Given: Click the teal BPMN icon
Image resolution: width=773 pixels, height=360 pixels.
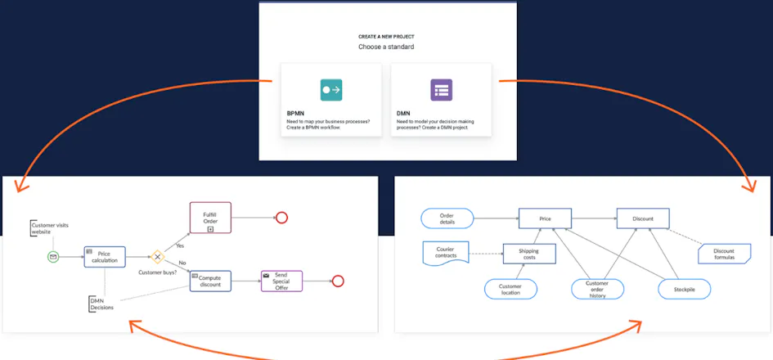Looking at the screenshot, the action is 330,90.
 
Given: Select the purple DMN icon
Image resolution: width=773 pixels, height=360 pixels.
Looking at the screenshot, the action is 441,90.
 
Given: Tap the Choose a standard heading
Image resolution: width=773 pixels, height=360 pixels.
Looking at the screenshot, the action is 386,47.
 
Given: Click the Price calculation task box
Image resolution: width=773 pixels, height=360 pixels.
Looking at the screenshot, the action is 105,257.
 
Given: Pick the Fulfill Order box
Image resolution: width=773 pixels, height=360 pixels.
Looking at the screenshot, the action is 210,218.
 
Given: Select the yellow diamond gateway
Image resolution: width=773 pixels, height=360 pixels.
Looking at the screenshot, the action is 157,257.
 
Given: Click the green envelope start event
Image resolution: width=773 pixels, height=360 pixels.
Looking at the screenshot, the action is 53,256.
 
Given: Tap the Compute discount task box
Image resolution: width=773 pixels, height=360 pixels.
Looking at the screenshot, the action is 210,281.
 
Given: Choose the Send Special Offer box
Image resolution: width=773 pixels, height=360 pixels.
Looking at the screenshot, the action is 281,281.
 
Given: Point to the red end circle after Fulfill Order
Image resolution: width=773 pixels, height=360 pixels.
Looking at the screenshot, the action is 281,218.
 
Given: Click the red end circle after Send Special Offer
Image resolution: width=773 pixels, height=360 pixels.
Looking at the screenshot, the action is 338,281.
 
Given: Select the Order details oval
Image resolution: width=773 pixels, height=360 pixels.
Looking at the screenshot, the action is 447,218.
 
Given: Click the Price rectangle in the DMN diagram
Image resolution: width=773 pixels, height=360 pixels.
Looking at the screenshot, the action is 545,218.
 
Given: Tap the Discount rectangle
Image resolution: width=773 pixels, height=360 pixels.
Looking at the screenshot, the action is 643,218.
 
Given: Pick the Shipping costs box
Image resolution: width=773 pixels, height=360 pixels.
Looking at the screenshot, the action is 529,254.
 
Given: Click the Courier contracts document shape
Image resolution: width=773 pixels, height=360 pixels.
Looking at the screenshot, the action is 446,253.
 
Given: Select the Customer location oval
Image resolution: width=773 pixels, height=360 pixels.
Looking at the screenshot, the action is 510,289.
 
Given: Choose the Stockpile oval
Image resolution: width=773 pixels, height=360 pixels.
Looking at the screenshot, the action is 685,289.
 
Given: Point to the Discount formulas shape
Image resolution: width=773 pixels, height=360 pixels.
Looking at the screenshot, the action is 724,254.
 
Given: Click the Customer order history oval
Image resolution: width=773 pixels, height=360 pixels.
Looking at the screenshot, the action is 597,289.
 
